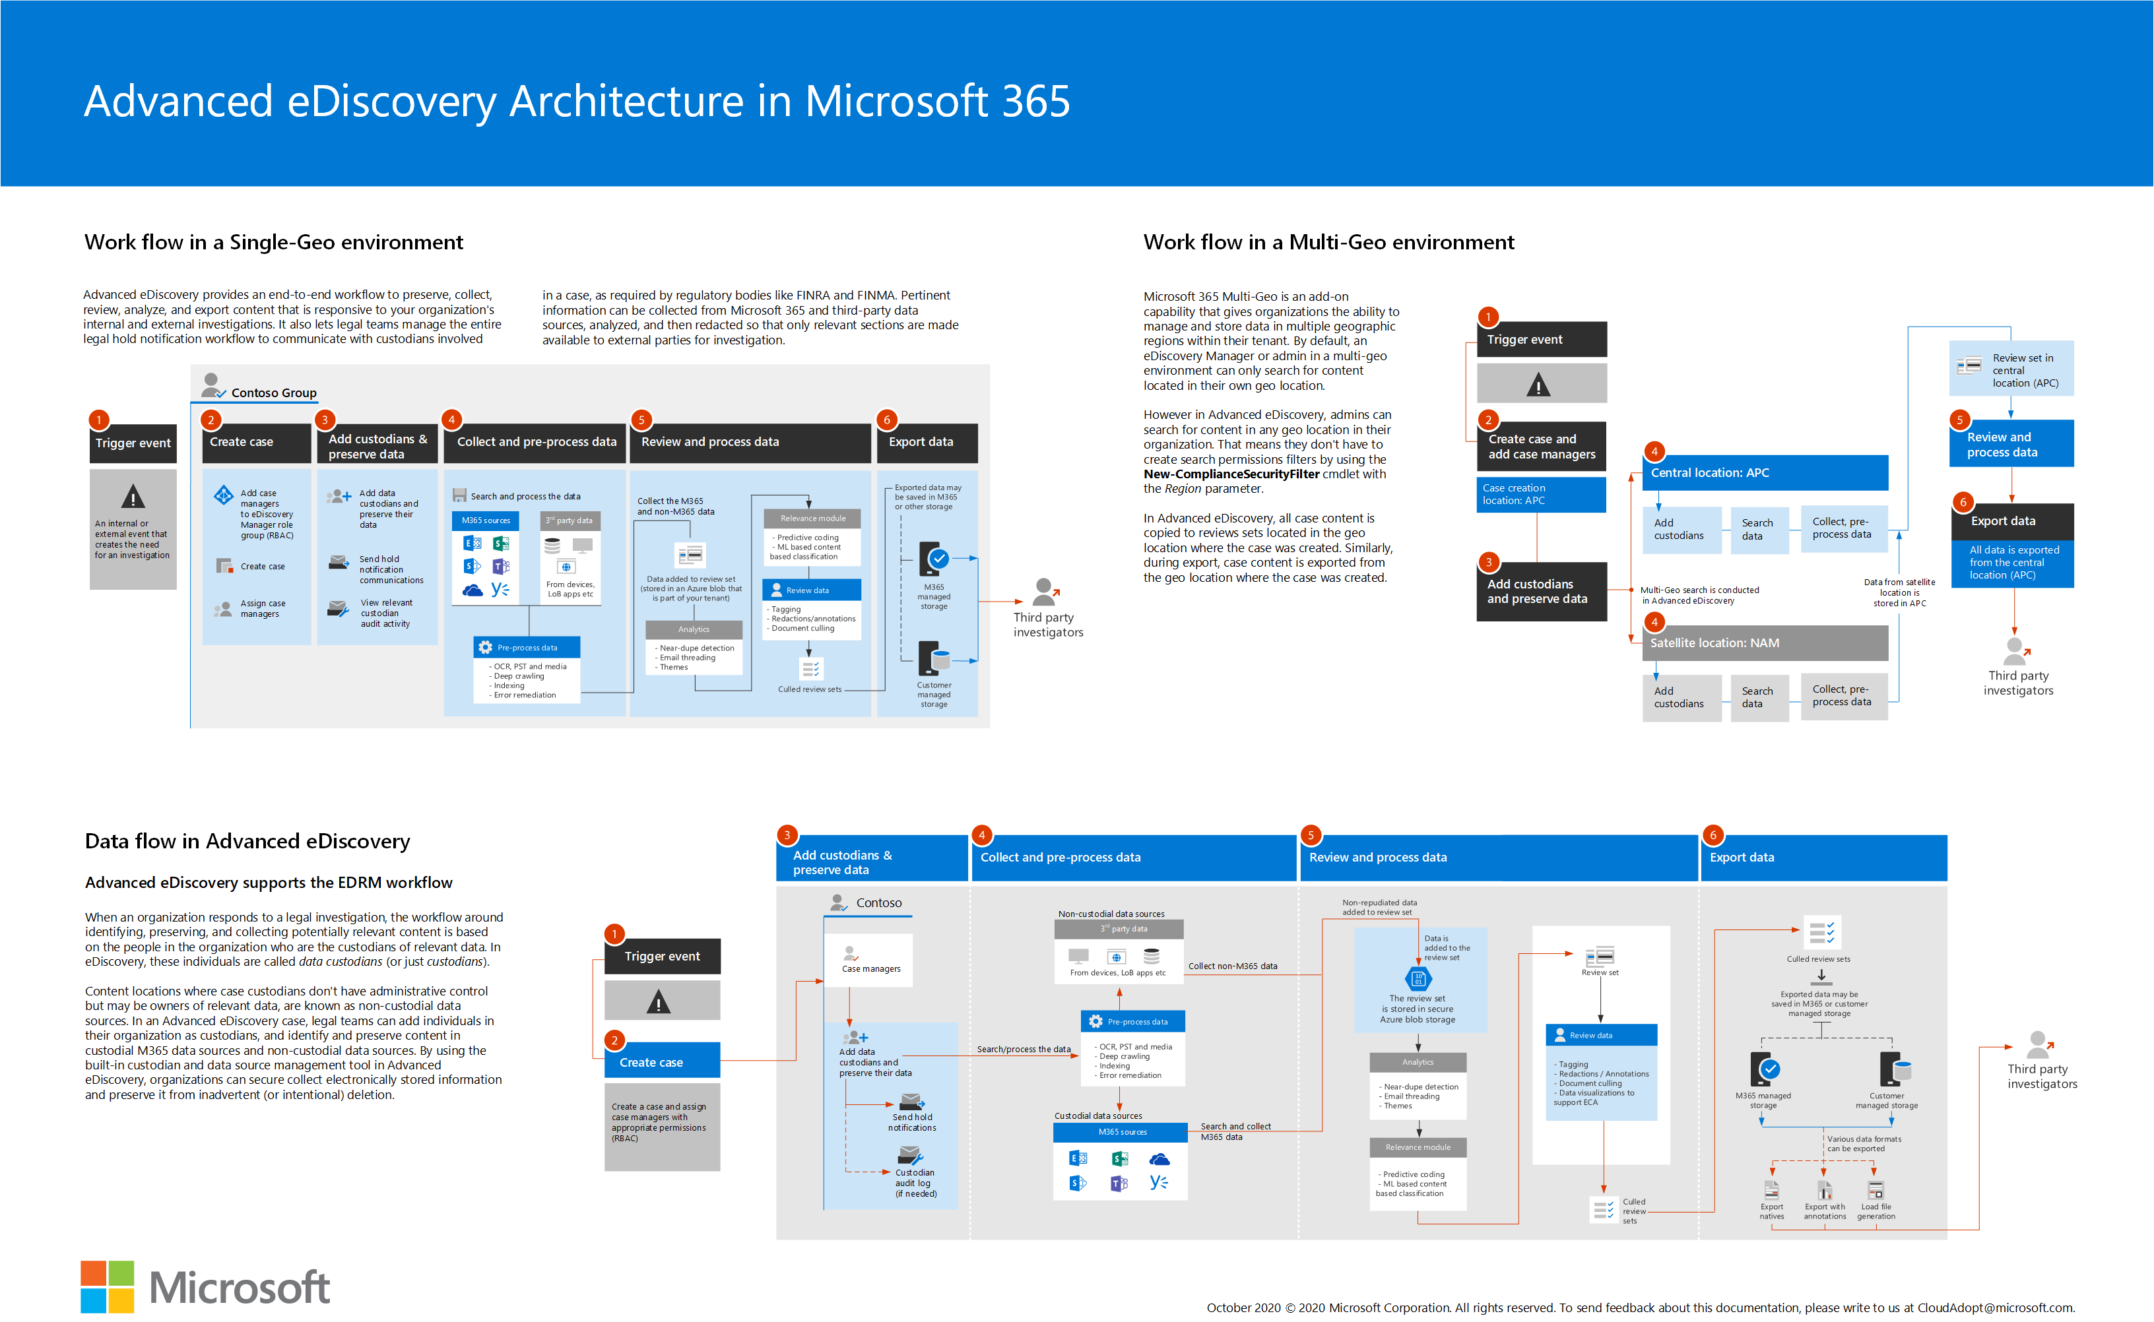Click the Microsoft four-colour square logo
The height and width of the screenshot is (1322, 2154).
coord(108,1286)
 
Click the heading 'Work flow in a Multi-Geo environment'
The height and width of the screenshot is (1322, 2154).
coord(1328,242)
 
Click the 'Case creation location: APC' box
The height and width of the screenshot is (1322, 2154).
coord(1541,494)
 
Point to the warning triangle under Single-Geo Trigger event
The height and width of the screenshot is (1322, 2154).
coord(133,497)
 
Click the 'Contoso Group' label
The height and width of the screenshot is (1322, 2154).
coord(274,393)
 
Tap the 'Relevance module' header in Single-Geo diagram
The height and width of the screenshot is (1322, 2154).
coord(812,519)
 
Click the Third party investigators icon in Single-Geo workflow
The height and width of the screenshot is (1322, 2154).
coord(1045,592)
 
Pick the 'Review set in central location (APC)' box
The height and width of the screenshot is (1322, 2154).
coord(2011,368)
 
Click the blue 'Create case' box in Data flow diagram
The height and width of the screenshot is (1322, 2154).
coord(662,1061)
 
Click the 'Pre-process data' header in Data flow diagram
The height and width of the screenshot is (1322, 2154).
coord(1132,1021)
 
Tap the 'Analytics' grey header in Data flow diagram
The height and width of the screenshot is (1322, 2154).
coord(1418,1062)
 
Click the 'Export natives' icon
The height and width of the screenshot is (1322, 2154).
coord(1772,1190)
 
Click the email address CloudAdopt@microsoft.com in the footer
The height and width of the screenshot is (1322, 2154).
coord(1995,1308)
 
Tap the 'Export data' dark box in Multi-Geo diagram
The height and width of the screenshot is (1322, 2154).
coord(2011,521)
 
